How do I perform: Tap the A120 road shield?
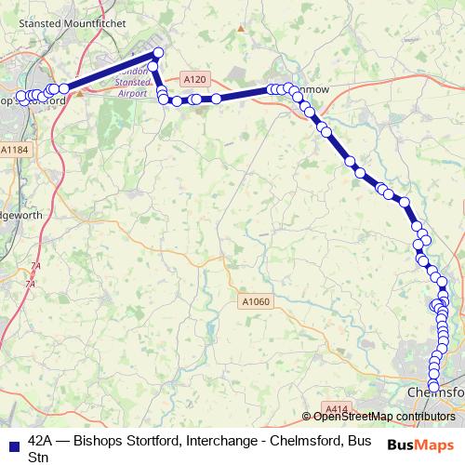(x=194, y=80)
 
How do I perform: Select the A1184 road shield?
(x=14, y=150)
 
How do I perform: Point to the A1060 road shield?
(x=256, y=301)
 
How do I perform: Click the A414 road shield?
(x=337, y=408)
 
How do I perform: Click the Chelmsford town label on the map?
(x=435, y=393)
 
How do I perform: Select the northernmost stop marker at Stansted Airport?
(x=157, y=53)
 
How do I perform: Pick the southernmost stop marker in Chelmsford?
(x=432, y=387)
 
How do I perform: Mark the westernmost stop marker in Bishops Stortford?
(x=21, y=96)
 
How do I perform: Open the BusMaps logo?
(x=421, y=445)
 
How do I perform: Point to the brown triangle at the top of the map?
(x=241, y=28)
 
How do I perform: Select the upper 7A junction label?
(x=36, y=265)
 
